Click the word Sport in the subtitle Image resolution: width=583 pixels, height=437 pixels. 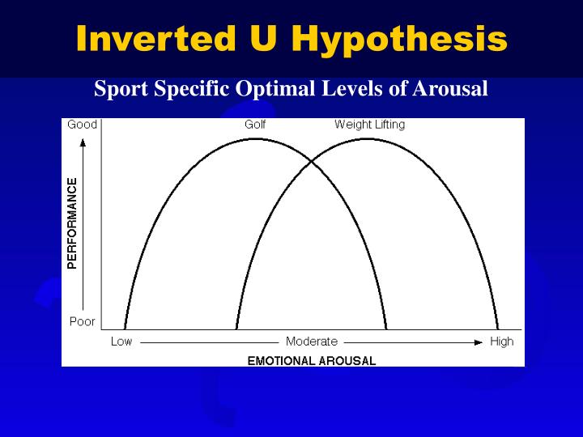coord(117,88)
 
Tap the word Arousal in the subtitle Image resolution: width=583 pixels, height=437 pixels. coord(450,88)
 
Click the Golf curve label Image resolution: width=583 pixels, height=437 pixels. coord(255,125)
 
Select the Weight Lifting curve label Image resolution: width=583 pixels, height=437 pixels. coord(369,125)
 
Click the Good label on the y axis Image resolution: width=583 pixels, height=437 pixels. coord(82,125)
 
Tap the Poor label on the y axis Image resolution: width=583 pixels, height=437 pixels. coord(82,321)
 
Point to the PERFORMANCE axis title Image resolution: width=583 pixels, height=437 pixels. coord(73,223)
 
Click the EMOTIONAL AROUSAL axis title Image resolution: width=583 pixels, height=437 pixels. coord(311,361)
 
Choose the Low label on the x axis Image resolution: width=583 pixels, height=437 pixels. coord(121,342)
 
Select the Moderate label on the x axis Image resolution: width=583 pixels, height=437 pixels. coord(312,342)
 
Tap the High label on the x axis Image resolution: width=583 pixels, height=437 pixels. coord(501,342)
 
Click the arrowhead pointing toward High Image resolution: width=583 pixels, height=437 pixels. coord(478,342)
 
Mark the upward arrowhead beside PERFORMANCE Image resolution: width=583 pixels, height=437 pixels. coord(83,143)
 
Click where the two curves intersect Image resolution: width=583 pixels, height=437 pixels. coord(312,162)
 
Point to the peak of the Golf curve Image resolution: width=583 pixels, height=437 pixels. coord(255,138)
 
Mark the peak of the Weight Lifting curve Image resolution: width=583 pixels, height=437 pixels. coord(368,138)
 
